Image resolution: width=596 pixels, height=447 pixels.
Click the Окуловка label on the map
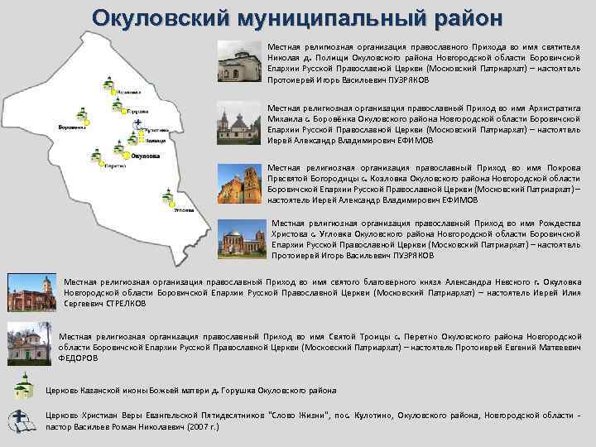click(x=146, y=155)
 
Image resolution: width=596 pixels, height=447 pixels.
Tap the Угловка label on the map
click(x=185, y=209)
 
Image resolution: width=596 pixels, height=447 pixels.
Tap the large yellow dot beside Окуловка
click(x=126, y=155)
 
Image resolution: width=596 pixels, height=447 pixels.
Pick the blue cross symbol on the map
click(x=138, y=125)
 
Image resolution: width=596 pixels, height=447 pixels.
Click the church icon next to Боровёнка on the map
click(x=81, y=113)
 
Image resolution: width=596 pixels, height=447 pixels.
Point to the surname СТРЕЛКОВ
click(x=126, y=304)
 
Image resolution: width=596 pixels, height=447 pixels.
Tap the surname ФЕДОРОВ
click(x=82, y=358)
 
